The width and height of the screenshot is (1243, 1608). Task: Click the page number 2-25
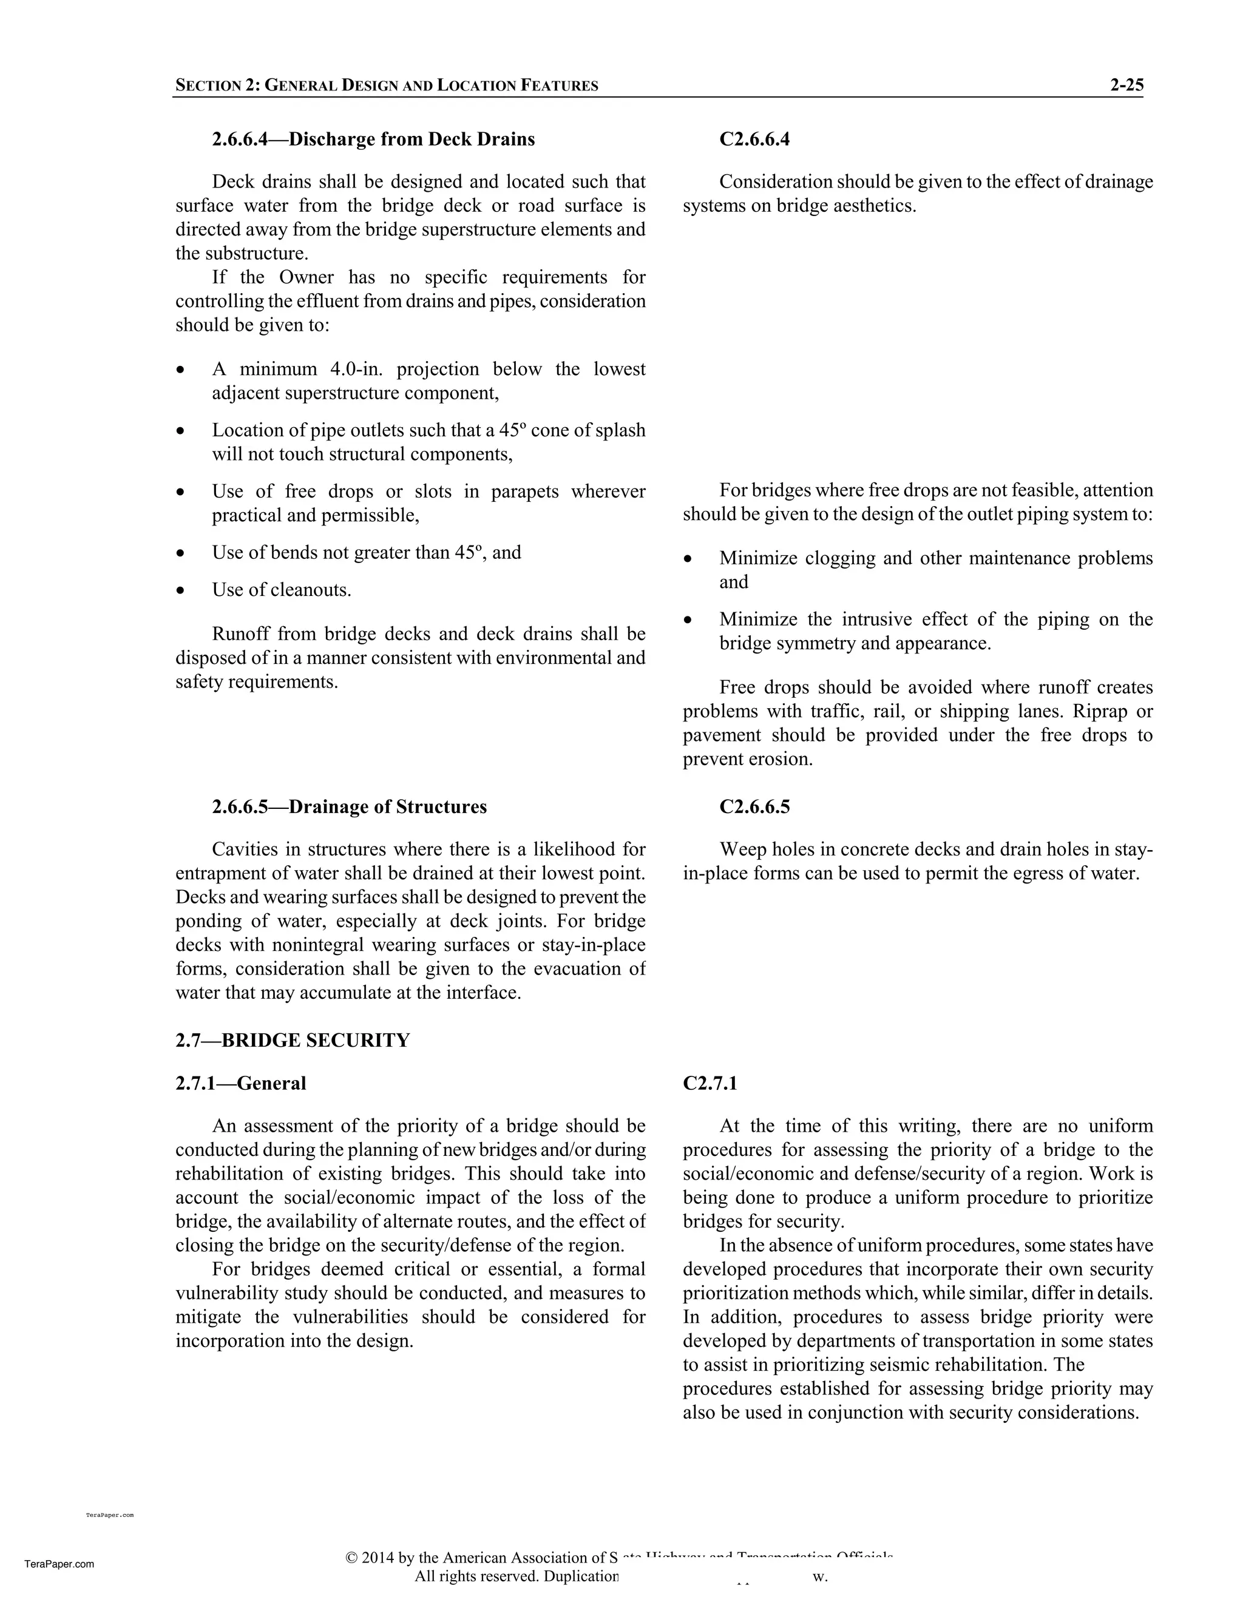click(x=1126, y=85)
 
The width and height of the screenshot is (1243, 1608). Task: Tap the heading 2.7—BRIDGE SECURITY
click(x=293, y=1040)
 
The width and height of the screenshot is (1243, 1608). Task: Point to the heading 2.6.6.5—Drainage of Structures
click(x=349, y=806)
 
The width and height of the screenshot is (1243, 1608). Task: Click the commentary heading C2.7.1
click(x=710, y=1083)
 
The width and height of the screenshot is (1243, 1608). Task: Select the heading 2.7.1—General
click(x=240, y=1083)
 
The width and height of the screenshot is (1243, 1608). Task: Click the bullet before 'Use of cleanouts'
click(x=180, y=590)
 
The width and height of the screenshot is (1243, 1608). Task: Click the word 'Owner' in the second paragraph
click(x=307, y=277)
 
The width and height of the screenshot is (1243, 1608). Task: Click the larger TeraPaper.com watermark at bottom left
click(x=59, y=1564)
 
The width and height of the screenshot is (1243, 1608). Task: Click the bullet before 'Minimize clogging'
click(x=688, y=559)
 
